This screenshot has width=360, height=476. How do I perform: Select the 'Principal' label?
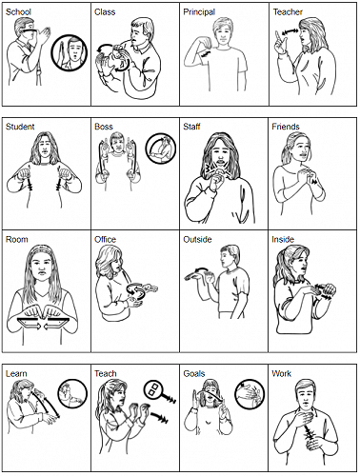[200, 13]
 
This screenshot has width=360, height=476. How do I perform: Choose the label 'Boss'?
[105, 127]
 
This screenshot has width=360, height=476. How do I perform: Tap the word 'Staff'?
[192, 127]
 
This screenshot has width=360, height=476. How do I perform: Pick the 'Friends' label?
[286, 127]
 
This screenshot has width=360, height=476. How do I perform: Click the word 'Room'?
[17, 239]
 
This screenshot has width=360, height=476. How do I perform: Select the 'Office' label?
[106, 239]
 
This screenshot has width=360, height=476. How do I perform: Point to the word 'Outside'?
[197, 239]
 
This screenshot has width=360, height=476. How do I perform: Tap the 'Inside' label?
[284, 239]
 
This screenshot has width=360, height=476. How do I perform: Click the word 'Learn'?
[17, 372]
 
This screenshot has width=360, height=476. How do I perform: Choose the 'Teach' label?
[106, 372]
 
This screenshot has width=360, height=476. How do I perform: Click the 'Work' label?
[282, 372]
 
